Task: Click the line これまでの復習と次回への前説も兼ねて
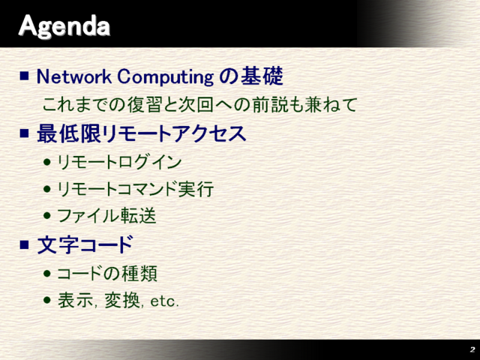point(199,104)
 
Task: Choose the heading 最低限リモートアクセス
point(142,134)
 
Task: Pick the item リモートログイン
point(120,161)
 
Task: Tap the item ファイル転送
point(107,216)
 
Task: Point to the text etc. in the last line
point(165,301)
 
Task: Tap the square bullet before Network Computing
point(25,76)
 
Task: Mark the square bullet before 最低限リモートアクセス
point(25,134)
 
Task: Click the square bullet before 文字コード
point(25,244)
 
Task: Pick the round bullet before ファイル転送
point(48,217)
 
